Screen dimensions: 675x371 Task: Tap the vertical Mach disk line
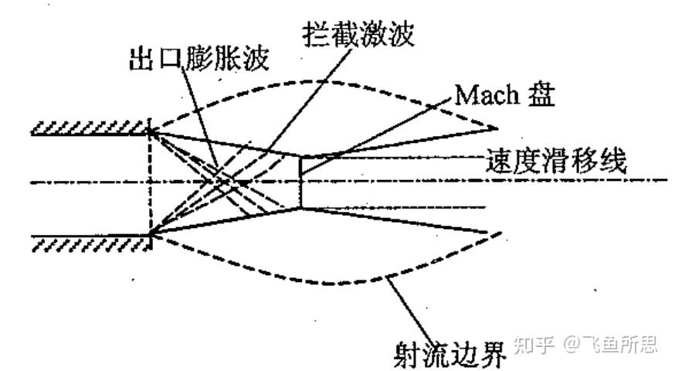[x=300, y=182]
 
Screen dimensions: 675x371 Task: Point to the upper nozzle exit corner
[x=150, y=132]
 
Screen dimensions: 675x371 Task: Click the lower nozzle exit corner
[x=150, y=233]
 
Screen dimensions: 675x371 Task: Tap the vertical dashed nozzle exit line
[x=150, y=182]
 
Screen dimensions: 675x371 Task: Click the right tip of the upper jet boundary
[x=497, y=128]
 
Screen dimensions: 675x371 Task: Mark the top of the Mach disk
[x=300, y=157]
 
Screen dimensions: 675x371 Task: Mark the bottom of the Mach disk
[x=300, y=208]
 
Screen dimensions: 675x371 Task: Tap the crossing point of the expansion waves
[x=225, y=182]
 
